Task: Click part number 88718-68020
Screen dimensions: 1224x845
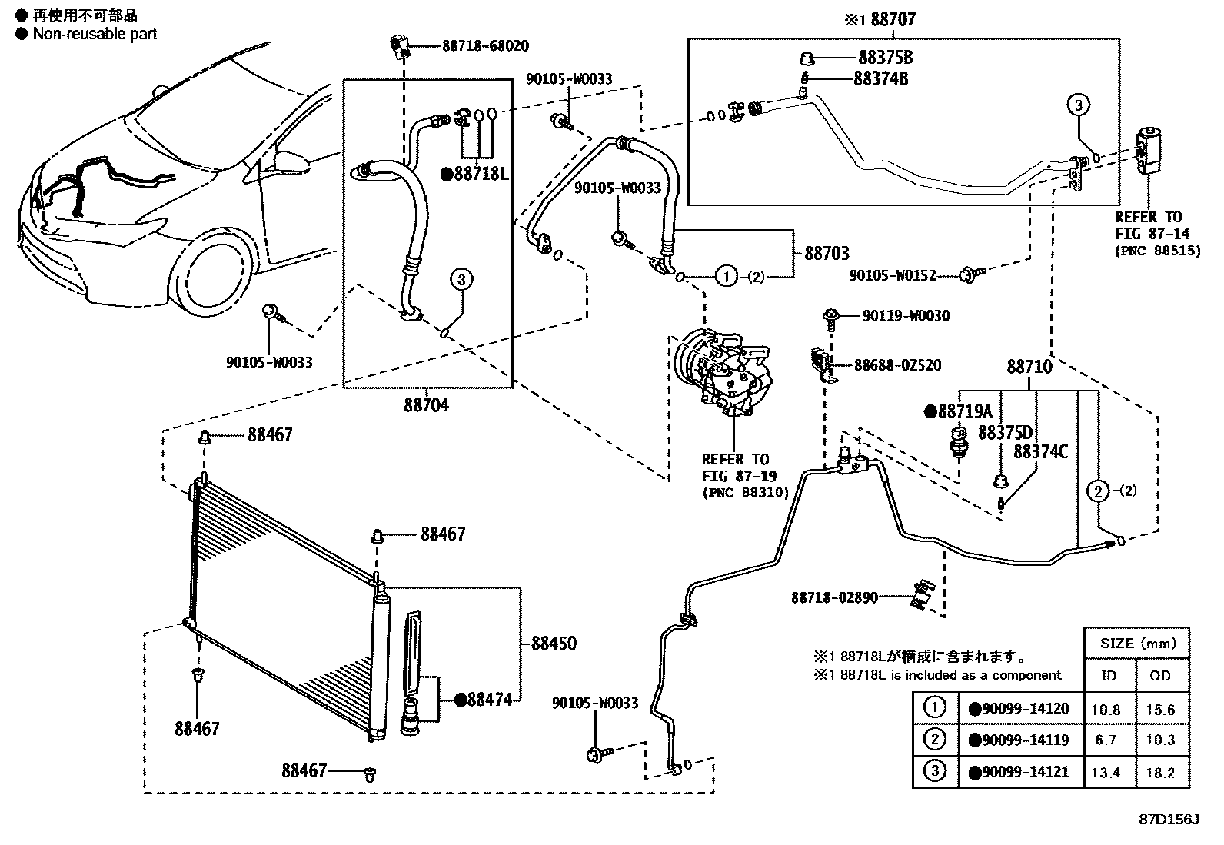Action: pyautogui.click(x=485, y=46)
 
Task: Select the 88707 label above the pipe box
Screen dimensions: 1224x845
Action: pyautogui.click(x=893, y=20)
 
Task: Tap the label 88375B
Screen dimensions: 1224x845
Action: pyautogui.click(x=885, y=58)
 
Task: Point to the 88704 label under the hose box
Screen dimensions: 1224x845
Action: pyautogui.click(x=426, y=405)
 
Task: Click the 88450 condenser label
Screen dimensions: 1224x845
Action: pyautogui.click(x=554, y=644)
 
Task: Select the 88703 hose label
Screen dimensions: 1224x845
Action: pyautogui.click(x=827, y=254)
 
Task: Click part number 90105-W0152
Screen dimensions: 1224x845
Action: pyautogui.click(x=893, y=275)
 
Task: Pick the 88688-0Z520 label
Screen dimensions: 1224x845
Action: pyautogui.click(x=898, y=365)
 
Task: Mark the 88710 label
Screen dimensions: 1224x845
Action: pyautogui.click(x=1029, y=367)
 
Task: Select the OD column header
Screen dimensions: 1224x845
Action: pyautogui.click(x=1159, y=676)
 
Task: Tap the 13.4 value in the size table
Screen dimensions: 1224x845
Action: pyautogui.click(x=1106, y=773)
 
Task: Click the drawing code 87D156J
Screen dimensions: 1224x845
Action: pyautogui.click(x=1169, y=820)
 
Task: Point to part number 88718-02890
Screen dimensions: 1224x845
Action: pyautogui.click(x=834, y=598)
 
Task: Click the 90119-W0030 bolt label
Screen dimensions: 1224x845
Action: pyautogui.click(x=906, y=316)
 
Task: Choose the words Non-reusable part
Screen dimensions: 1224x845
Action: pyautogui.click(x=95, y=34)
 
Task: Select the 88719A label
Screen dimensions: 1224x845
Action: pyautogui.click(x=965, y=411)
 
